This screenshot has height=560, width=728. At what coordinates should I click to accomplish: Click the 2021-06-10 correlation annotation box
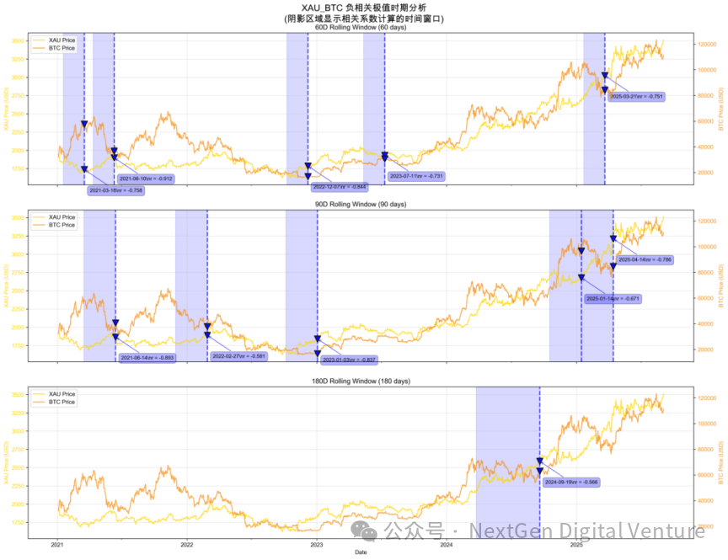(x=146, y=179)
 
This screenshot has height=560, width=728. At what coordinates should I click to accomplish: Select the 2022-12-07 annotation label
(x=339, y=186)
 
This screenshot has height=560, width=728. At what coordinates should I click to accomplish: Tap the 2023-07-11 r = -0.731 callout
(x=416, y=176)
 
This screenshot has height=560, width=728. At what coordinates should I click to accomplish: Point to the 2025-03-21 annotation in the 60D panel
(x=636, y=97)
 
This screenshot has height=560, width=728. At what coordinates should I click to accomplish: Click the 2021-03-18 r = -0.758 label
(x=116, y=190)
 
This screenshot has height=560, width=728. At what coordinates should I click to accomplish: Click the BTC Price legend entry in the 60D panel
(x=62, y=48)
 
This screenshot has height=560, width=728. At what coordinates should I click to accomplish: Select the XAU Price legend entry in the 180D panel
(x=62, y=394)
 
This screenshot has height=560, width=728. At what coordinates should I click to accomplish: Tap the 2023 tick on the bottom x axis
(x=317, y=545)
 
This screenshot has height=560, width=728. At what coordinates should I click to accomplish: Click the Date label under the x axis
(x=360, y=552)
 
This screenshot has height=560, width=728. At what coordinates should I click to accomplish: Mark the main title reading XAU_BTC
(x=364, y=8)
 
